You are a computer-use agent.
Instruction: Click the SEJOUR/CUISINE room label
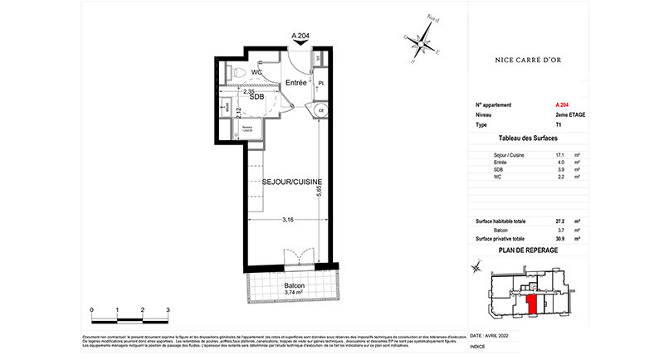(281, 181)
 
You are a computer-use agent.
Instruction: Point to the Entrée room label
(296, 85)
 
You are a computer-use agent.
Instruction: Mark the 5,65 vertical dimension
(320, 194)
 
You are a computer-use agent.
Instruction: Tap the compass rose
(425, 39)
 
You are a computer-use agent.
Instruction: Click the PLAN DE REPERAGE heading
(527, 249)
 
